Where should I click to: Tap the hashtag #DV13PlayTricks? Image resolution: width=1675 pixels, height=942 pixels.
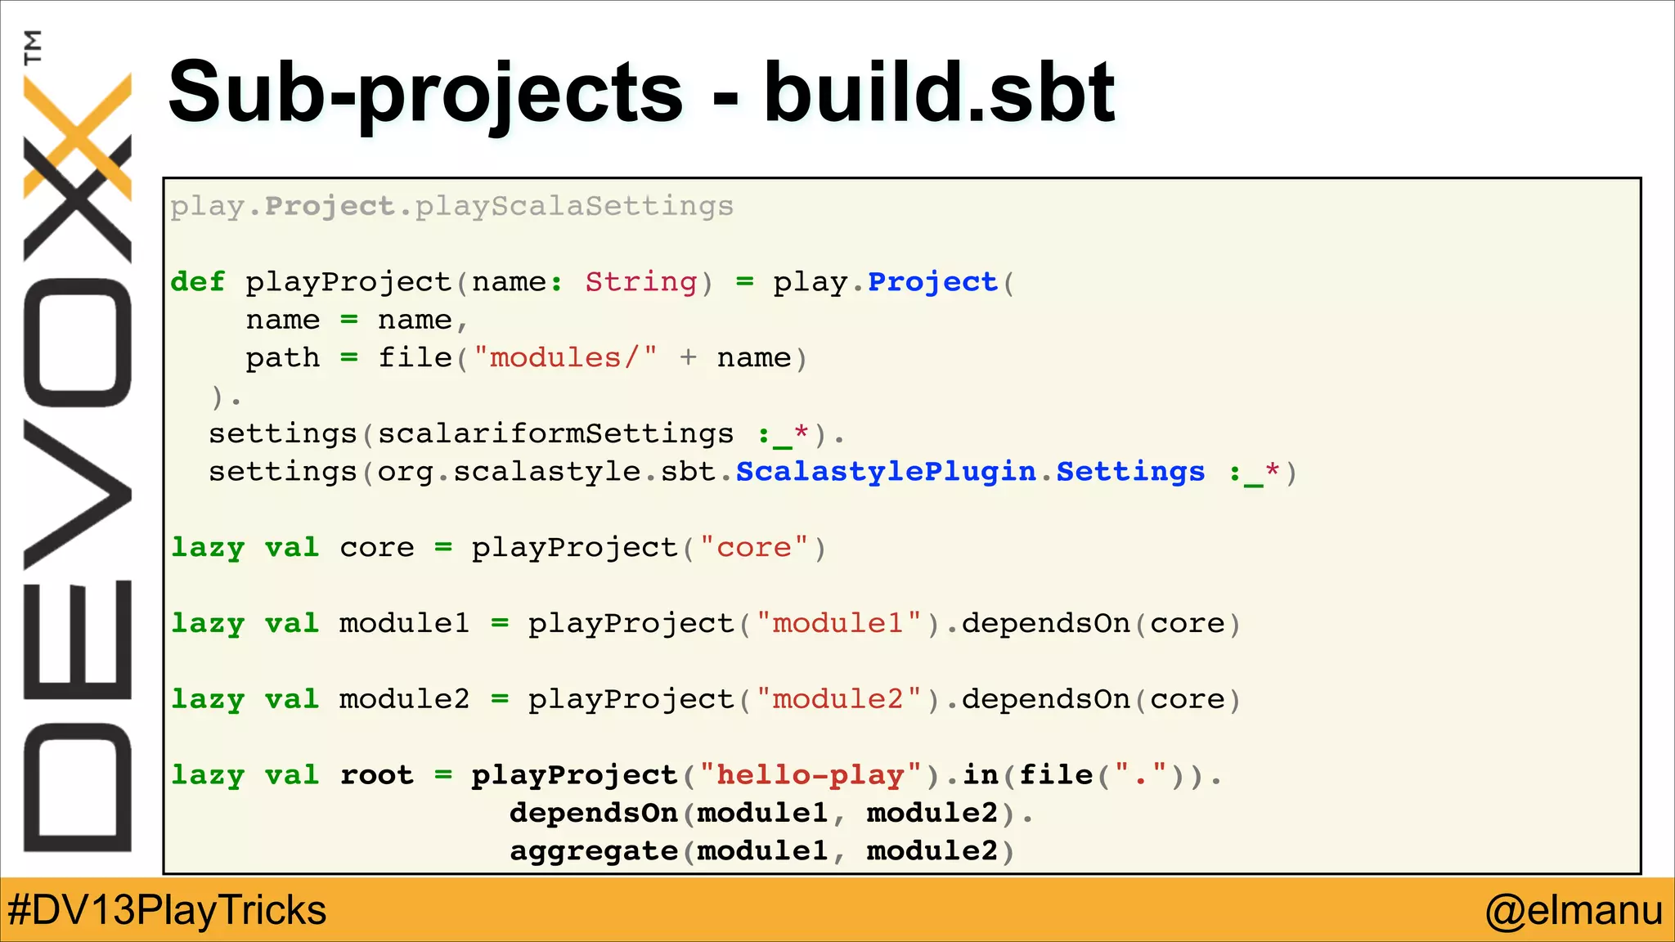(x=167, y=910)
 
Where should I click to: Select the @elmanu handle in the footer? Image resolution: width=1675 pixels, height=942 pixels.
(x=1574, y=910)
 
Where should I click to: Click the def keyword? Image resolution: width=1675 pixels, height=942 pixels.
(x=197, y=282)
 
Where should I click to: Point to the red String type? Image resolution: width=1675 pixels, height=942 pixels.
(x=640, y=282)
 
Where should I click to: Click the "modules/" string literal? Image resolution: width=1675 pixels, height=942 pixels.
(x=565, y=358)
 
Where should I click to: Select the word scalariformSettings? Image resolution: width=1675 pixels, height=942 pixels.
(x=555, y=433)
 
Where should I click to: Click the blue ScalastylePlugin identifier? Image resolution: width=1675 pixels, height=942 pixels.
(x=886, y=472)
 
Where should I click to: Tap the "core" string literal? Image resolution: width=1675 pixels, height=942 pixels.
(x=754, y=548)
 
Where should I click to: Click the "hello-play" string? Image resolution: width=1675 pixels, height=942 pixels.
(x=811, y=775)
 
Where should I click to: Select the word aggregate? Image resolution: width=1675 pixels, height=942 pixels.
(x=594, y=851)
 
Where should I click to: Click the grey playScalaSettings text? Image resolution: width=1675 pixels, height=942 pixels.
(x=574, y=206)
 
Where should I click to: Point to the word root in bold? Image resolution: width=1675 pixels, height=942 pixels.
(x=376, y=775)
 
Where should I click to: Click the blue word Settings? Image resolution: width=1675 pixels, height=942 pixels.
(x=1130, y=472)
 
